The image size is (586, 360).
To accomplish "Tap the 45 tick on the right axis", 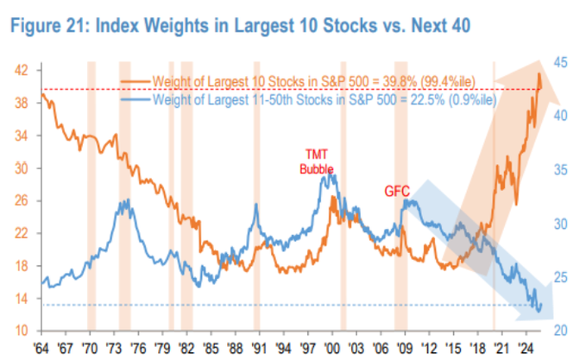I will [561, 61].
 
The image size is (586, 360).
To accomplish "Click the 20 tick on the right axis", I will [561, 331].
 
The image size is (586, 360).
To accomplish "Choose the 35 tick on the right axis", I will [561, 169].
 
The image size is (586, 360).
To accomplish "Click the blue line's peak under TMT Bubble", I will [332, 177].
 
